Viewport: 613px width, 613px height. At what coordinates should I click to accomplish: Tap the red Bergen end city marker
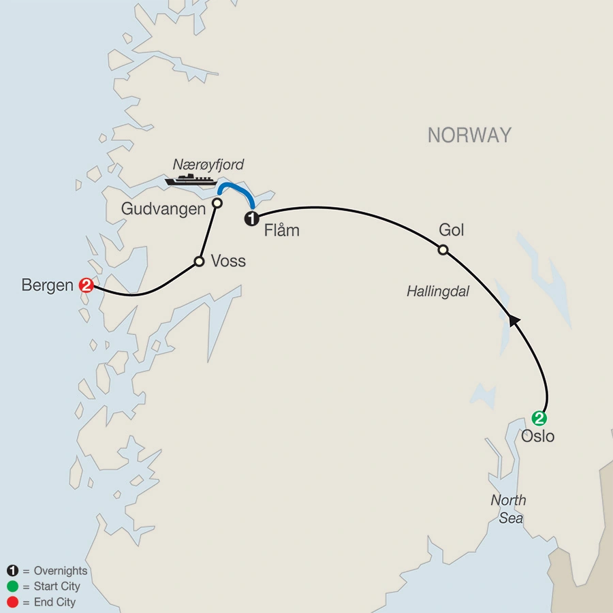point(87,285)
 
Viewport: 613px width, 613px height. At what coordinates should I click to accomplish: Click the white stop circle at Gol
point(443,250)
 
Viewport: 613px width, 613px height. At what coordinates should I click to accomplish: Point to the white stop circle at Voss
point(199,261)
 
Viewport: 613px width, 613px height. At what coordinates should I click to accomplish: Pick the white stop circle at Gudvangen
point(217,203)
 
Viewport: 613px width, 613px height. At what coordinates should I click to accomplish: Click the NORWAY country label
point(469,135)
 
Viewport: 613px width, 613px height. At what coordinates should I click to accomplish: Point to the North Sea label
point(509,509)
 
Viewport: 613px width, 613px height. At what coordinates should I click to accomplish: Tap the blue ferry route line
point(236,188)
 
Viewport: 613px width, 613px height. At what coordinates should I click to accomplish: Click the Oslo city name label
point(538,437)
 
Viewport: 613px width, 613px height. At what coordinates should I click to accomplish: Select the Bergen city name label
point(47,285)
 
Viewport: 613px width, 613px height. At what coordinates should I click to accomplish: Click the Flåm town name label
point(281,231)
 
